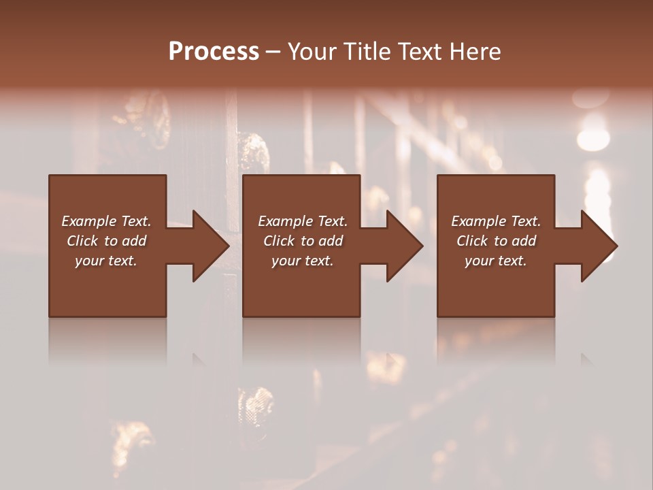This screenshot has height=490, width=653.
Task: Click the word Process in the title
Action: tap(214, 52)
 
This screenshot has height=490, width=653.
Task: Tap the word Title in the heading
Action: tap(367, 52)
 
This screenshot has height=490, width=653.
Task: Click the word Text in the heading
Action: tap(420, 52)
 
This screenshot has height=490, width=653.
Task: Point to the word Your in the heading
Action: tap(312, 52)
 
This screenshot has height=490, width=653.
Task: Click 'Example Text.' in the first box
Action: tap(106, 221)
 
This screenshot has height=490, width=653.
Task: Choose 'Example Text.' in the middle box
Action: tap(303, 221)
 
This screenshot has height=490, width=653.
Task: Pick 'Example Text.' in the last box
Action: tap(496, 221)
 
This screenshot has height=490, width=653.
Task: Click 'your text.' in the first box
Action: tap(106, 261)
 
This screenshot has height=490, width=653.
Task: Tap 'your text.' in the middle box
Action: tap(303, 261)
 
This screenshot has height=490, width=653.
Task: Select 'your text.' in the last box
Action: tap(496, 261)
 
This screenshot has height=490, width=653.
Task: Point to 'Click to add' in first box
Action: tap(106, 241)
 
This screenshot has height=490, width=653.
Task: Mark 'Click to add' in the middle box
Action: tap(303, 241)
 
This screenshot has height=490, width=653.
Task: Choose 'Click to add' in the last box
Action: tap(496, 241)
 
